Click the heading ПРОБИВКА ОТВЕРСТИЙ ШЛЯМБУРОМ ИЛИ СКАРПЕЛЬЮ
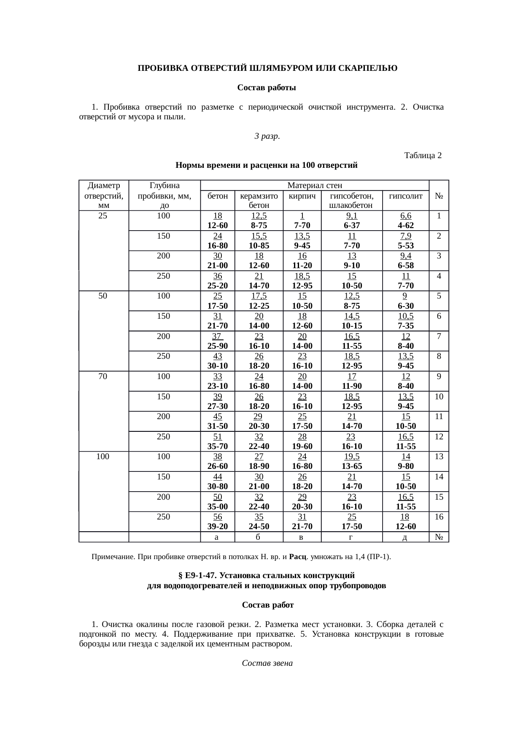pyautogui.click(x=267, y=68)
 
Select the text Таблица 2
pyautogui.click(x=423, y=156)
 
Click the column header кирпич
pyautogui.click(x=302, y=196)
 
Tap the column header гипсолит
pyautogui.click(x=405, y=196)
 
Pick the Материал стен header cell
pyautogui.click(x=314, y=186)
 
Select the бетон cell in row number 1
pyautogui.click(x=218, y=221)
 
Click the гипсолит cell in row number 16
pyautogui.click(x=405, y=522)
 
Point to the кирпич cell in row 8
pyautogui.click(x=302, y=361)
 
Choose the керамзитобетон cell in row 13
pyautogui.click(x=259, y=461)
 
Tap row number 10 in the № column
pyautogui.click(x=439, y=396)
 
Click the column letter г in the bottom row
pyautogui.click(x=351, y=537)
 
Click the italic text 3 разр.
pyautogui.click(x=267, y=136)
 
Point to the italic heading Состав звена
pyautogui.click(x=267, y=663)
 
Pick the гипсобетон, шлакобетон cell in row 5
pyautogui.click(x=351, y=301)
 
